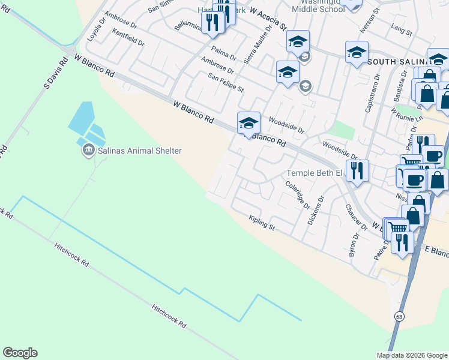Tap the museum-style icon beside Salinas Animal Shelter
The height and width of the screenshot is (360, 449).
(x=89, y=150)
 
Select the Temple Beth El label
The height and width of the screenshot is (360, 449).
(x=313, y=173)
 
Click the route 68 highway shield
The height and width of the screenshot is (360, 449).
(x=399, y=316)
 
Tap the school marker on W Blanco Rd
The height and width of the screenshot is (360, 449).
(x=249, y=124)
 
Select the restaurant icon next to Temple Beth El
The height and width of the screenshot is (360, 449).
(x=357, y=170)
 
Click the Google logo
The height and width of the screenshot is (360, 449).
(x=20, y=353)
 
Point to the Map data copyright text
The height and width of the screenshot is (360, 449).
(x=411, y=355)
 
